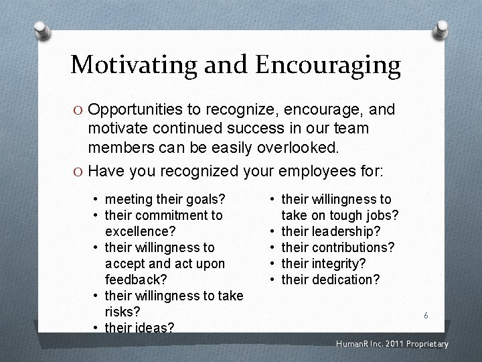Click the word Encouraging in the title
327,65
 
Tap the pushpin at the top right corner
442,28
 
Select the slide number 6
425,315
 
